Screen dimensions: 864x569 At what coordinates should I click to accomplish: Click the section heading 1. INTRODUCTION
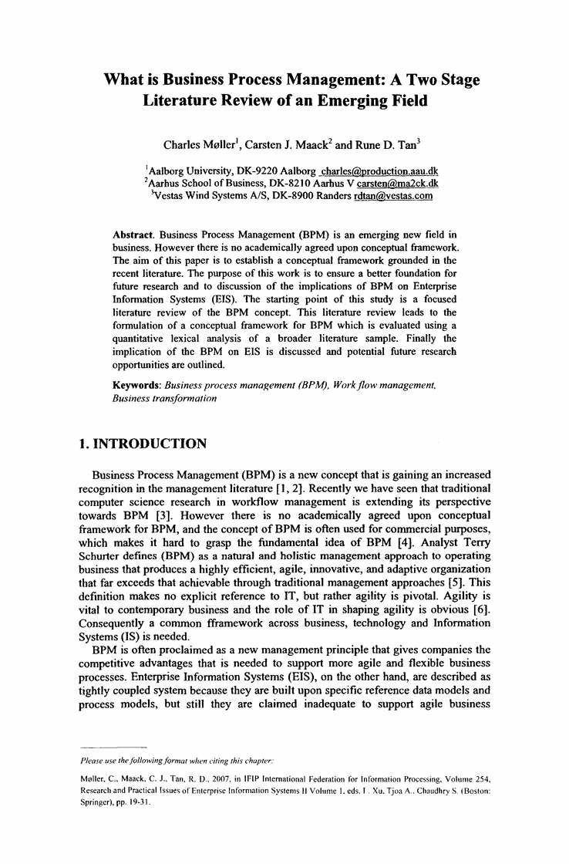click(x=143, y=444)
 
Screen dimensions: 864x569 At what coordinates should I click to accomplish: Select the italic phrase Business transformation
click(x=163, y=399)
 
